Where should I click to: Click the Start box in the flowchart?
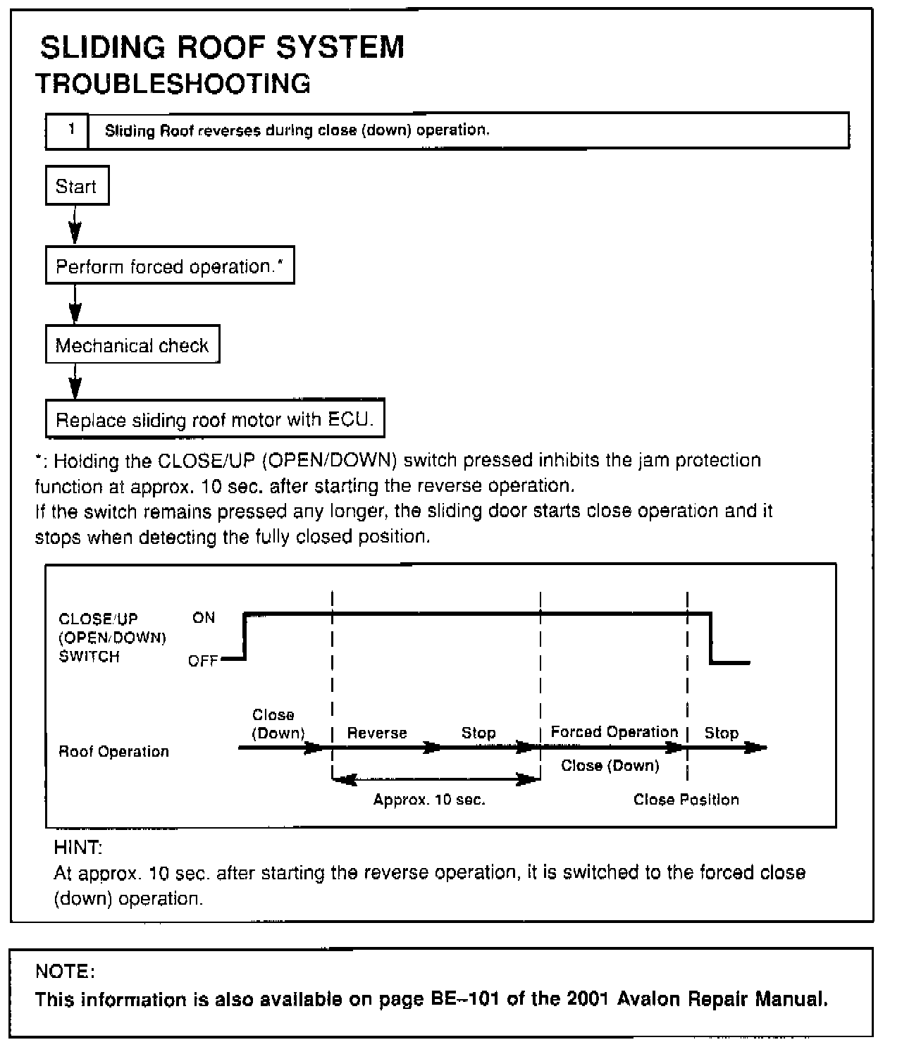tap(77, 186)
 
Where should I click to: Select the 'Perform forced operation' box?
tap(169, 266)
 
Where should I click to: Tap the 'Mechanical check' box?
tap(132, 345)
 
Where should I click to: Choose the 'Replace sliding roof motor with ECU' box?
tap(214, 419)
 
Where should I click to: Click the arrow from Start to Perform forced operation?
tap(75, 225)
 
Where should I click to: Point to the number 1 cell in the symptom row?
tap(69, 130)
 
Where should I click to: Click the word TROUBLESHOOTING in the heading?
tap(173, 84)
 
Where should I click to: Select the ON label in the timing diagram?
tap(204, 618)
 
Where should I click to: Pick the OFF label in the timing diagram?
tap(202, 662)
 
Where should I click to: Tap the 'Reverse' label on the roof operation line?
tap(377, 733)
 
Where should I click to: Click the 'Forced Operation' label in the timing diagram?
tap(614, 732)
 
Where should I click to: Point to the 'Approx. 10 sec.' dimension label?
tap(429, 800)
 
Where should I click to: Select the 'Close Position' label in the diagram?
tap(686, 800)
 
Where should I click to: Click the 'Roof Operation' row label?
tap(113, 752)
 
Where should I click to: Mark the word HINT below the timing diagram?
tap(78, 847)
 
